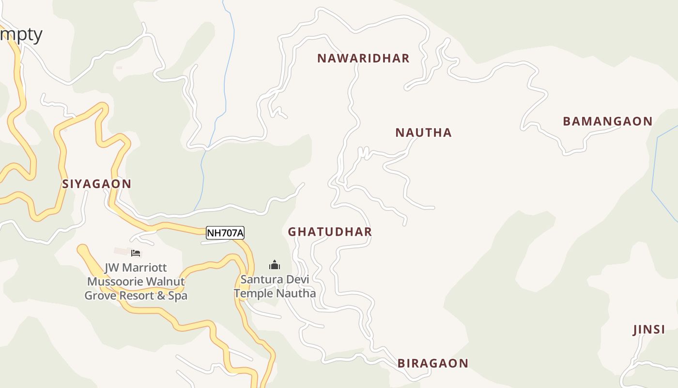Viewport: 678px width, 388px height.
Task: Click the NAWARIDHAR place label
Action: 363,59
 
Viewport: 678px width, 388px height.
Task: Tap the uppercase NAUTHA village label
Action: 423,133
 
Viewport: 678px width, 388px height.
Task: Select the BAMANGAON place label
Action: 607,122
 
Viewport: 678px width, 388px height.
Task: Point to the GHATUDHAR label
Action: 330,232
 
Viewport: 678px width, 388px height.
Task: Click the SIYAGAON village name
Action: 97,184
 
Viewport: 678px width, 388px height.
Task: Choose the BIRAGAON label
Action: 432,363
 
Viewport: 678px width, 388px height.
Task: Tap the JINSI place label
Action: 649,330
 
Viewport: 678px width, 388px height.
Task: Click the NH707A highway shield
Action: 225,233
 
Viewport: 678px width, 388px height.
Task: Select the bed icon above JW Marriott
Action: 136,253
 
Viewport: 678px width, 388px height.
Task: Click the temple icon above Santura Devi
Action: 275,265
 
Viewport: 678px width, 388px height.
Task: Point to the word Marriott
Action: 144,268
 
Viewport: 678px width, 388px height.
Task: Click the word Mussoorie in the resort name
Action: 115,281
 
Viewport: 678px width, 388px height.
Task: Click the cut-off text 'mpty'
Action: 21,34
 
